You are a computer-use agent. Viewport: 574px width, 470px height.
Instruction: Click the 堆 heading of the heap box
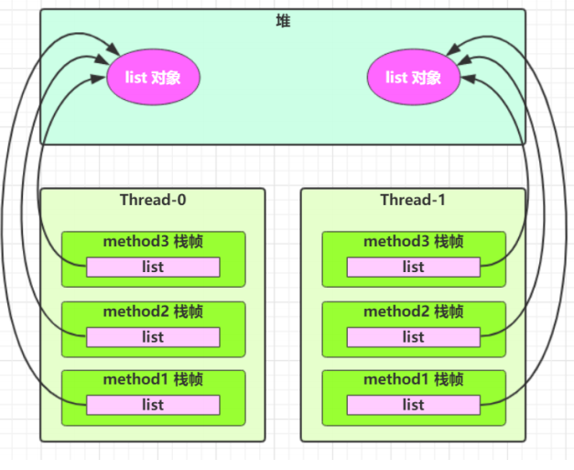tap(283, 21)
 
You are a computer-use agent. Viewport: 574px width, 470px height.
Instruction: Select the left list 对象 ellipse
tap(153, 77)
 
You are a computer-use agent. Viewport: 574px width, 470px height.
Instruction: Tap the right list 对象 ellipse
tap(413, 77)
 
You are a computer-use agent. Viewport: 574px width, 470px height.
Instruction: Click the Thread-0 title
tap(153, 200)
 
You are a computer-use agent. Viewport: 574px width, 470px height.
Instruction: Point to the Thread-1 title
tap(413, 200)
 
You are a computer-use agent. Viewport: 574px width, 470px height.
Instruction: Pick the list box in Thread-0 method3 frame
tap(153, 267)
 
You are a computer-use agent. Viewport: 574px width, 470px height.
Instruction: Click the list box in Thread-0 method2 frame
tap(153, 337)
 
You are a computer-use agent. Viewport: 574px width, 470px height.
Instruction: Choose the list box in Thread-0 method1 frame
tap(153, 405)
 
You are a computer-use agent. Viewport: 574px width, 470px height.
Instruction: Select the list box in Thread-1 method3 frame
tap(413, 267)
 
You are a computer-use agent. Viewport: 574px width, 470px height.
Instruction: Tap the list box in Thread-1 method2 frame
tap(413, 337)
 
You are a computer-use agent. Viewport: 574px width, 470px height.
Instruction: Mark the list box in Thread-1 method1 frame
tap(413, 405)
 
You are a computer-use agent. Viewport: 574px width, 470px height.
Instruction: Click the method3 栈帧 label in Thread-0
tap(153, 242)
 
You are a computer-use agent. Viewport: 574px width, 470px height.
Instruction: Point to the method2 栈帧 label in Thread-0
tap(153, 312)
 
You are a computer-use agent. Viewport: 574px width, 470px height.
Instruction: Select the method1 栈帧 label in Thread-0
tap(153, 379)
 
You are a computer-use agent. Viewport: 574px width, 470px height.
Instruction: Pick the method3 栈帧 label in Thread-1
tap(413, 242)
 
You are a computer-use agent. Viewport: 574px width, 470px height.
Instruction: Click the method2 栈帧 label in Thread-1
tap(413, 312)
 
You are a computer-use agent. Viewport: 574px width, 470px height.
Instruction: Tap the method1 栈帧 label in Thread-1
tap(413, 379)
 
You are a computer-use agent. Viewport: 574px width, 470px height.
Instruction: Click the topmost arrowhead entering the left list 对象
tap(114, 49)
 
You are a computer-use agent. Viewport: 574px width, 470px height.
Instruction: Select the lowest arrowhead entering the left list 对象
tap(99, 79)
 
